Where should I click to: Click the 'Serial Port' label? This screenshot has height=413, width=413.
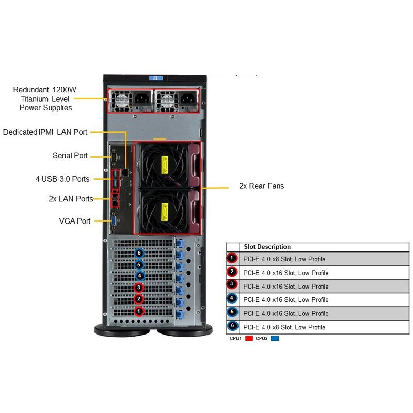[x=70, y=156]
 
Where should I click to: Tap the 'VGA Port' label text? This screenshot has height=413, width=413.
[x=75, y=221]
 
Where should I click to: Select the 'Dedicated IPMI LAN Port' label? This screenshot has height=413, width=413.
[x=45, y=132]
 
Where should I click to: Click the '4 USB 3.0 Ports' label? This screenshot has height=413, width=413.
[x=62, y=179]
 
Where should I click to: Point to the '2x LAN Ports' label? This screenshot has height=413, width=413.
[x=71, y=198]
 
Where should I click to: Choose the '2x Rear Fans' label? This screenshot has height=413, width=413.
[x=261, y=186]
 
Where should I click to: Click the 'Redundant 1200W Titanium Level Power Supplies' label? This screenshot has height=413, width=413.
[x=45, y=99]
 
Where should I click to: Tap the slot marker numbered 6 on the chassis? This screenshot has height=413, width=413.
[x=138, y=253]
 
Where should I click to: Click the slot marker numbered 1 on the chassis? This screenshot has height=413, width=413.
[x=138, y=311]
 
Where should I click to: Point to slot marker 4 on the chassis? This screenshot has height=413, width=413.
[x=138, y=276]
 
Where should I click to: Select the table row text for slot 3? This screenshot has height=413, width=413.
[x=285, y=287]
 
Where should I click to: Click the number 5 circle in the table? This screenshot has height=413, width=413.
[x=232, y=313]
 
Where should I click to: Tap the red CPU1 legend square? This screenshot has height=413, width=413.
[x=248, y=339]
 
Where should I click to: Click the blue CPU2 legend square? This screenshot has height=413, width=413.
[x=275, y=339]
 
